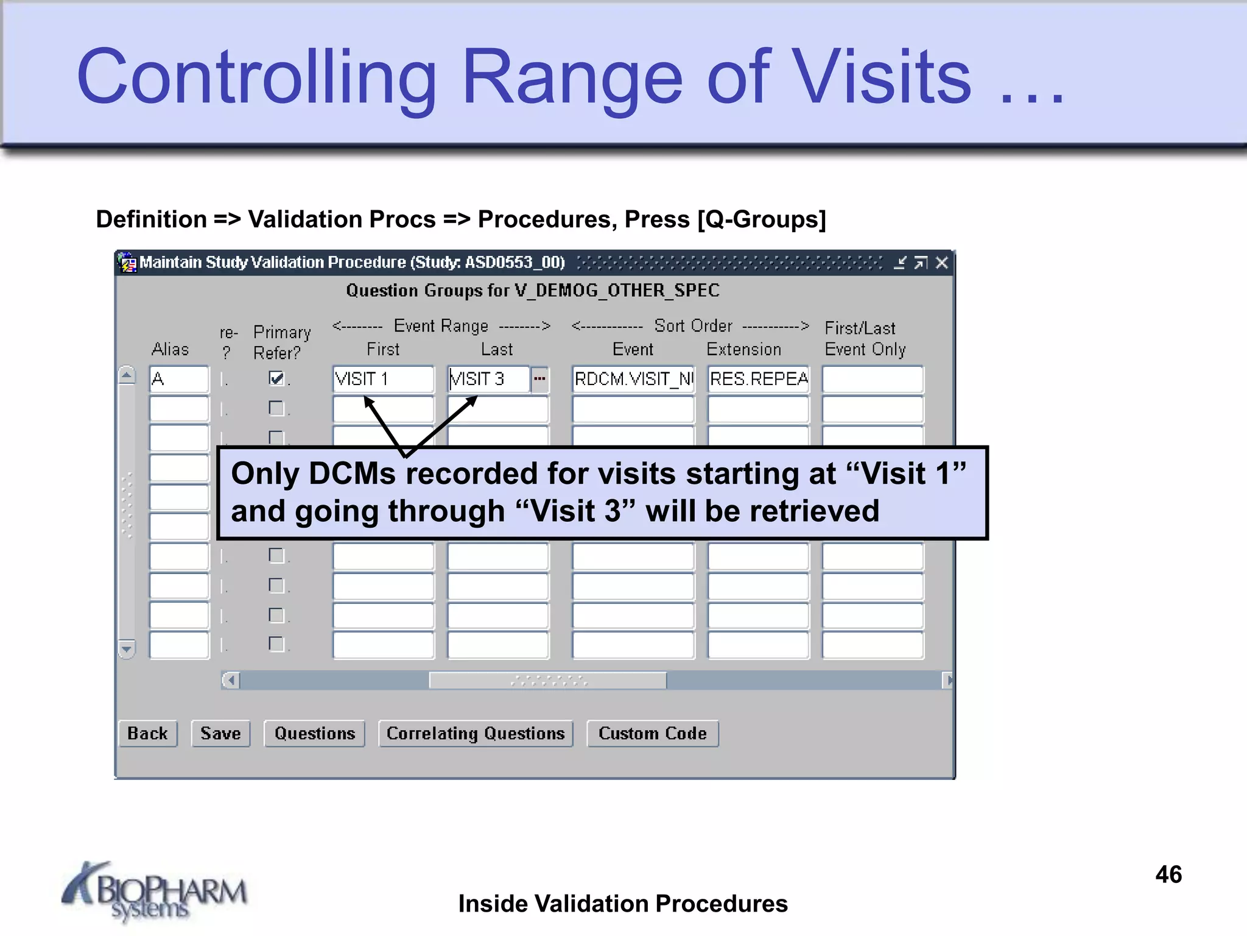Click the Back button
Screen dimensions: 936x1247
(147, 733)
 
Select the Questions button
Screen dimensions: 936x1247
(314, 733)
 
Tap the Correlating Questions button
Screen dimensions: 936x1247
(476, 733)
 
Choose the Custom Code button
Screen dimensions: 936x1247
(652, 733)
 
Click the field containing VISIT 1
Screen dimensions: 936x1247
(383, 379)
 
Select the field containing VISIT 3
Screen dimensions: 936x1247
(488, 379)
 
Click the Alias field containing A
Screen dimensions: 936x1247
(178, 379)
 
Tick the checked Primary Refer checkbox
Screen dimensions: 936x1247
(276, 378)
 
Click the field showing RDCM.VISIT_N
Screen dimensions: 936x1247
(633, 379)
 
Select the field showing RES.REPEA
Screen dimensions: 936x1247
(758, 379)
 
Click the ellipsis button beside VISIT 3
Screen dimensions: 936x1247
(539, 379)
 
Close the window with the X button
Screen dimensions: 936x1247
(941, 263)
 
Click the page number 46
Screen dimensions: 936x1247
(1168, 874)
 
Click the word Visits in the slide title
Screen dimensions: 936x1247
(882, 78)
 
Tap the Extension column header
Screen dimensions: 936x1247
(743, 349)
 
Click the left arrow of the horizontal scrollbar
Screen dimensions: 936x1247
(231, 680)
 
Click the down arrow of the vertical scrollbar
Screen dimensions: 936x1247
(127, 649)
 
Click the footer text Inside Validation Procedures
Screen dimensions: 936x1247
(623, 904)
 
